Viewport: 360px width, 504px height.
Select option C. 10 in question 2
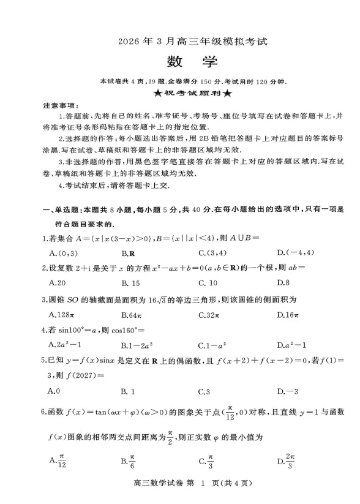(208, 282)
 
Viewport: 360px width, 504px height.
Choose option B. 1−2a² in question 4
(135, 345)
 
